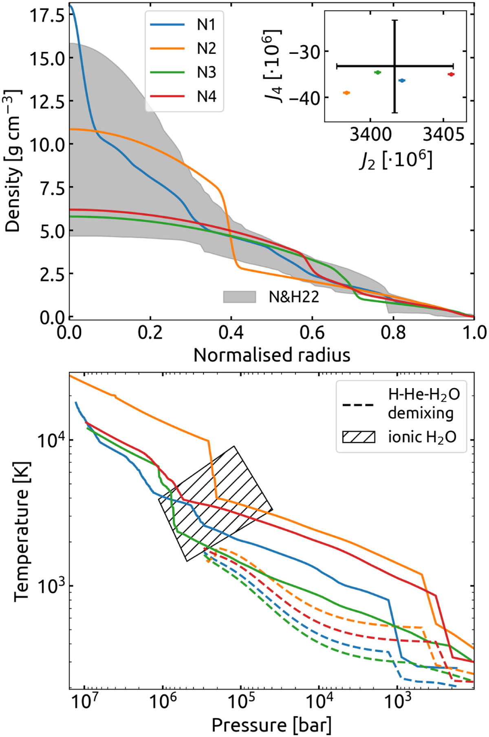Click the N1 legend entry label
[206, 25]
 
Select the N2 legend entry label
[206, 49]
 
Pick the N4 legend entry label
[206, 97]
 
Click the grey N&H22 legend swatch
[239, 297]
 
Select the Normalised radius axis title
[272, 355]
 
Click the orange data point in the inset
[346, 93]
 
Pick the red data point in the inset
[451, 74]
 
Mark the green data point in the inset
[377, 72]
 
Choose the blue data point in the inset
[402, 81]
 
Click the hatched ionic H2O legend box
[358, 437]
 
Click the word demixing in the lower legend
[421, 413]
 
